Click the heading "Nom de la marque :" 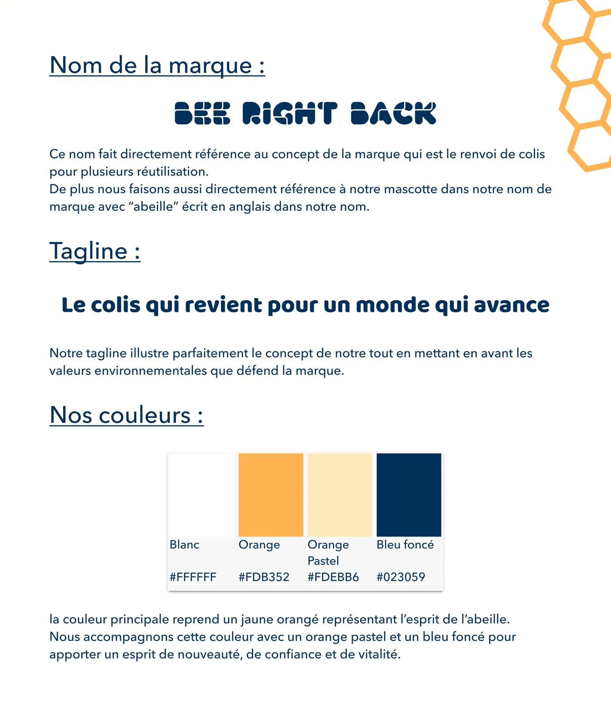(157, 65)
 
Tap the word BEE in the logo (202, 113)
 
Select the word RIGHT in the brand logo (290, 113)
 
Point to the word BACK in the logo (393, 113)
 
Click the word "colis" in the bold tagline (115, 305)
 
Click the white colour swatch (202, 495)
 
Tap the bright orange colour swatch (271, 495)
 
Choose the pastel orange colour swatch (340, 495)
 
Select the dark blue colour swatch (409, 495)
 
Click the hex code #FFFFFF (193, 577)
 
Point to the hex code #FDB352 (264, 577)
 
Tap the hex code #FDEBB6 (333, 577)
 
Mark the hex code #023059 (401, 577)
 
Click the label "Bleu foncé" (405, 545)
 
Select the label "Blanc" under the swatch (185, 545)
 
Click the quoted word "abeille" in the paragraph (153, 207)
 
